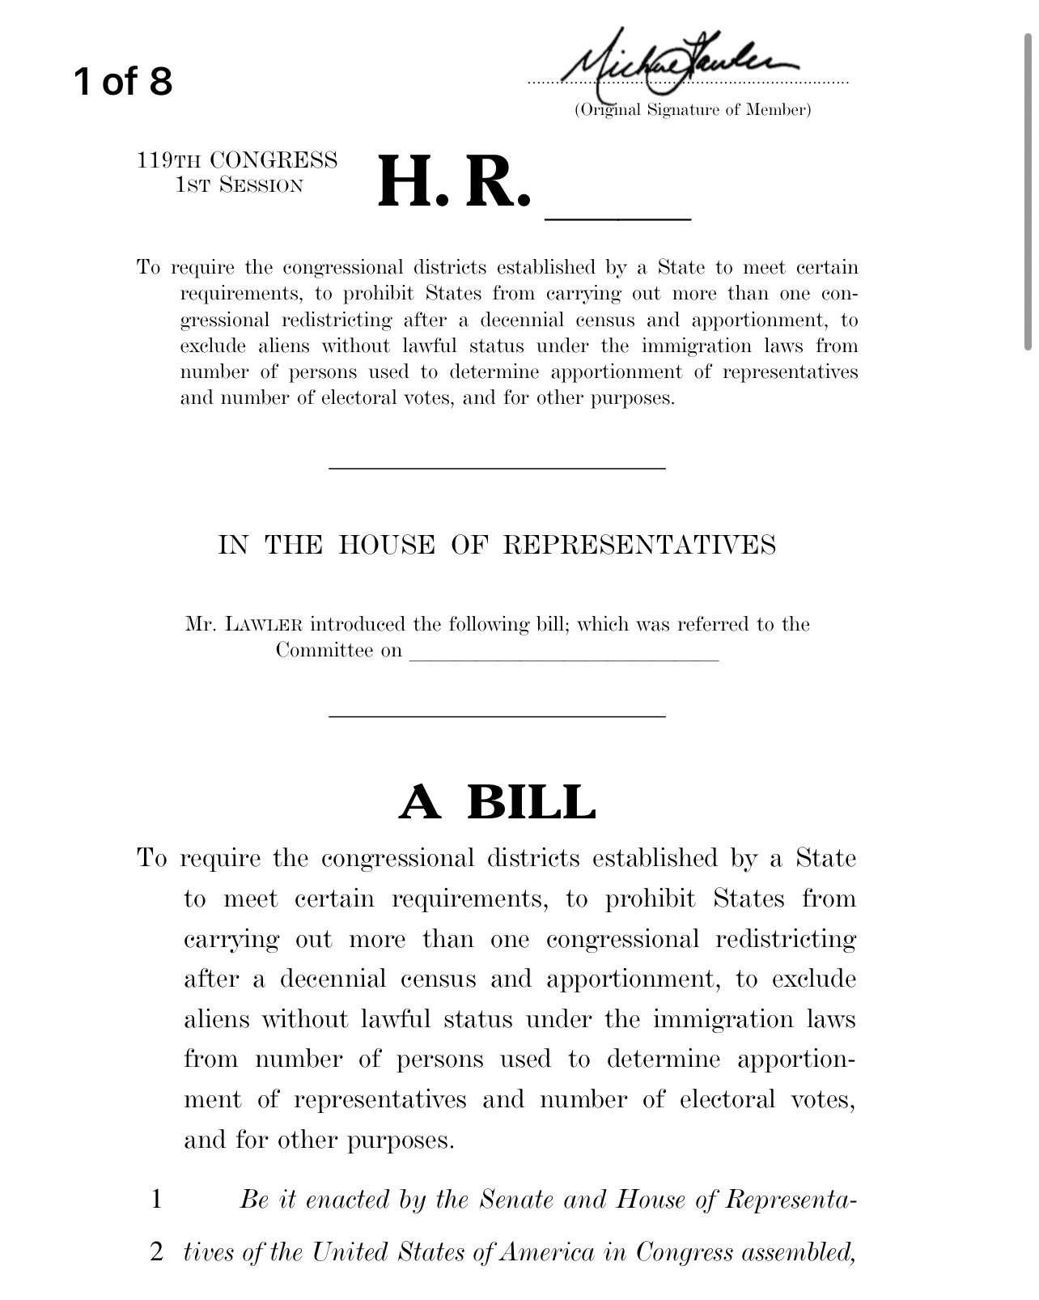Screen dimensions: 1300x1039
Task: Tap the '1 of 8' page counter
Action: (123, 81)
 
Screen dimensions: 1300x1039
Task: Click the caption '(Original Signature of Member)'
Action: (693, 110)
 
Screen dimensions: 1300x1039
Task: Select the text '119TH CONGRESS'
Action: (237, 160)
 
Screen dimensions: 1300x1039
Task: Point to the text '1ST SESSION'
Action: (240, 185)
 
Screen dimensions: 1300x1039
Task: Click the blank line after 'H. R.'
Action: (619, 217)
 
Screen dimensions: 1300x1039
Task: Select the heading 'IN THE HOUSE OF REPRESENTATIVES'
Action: (497, 545)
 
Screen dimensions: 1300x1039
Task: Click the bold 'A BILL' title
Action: (498, 801)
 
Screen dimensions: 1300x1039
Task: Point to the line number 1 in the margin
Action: (157, 1199)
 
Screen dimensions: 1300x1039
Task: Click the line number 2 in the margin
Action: (157, 1252)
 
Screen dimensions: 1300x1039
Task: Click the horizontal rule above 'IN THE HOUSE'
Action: (497, 468)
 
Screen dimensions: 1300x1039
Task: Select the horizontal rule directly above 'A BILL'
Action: (497, 716)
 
